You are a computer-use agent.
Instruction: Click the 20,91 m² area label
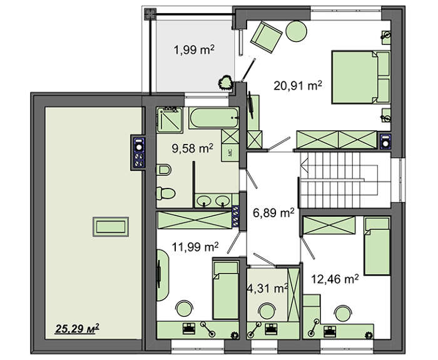click(x=297, y=86)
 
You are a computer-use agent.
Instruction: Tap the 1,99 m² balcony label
click(x=194, y=50)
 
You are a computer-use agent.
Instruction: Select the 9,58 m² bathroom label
click(x=193, y=148)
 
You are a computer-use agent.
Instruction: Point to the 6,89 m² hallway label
click(x=273, y=213)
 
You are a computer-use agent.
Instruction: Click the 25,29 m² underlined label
click(x=77, y=329)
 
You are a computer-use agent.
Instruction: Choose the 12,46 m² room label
click(x=335, y=279)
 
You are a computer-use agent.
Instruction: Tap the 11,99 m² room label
click(x=195, y=247)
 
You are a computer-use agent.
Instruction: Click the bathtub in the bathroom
click(x=214, y=118)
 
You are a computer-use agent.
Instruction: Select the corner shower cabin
click(x=170, y=120)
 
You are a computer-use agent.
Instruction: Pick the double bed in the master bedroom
click(x=360, y=77)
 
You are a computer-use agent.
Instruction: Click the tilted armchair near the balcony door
click(x=266, y=36)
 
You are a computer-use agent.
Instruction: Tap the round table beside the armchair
click(x=297, y=31)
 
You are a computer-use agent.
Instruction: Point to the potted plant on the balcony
click(x=225, y=83)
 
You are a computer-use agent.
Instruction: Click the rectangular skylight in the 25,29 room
click(x=111, y=227)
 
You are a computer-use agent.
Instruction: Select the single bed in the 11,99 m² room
click(x=226, y=290)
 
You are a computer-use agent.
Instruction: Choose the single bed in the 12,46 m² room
click(x=377, y=245)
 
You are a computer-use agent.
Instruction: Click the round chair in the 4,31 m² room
click(x=267, y=311)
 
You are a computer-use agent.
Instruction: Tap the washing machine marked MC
click(x=230, y=153)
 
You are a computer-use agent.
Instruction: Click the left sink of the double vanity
click(x=204, y=200)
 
